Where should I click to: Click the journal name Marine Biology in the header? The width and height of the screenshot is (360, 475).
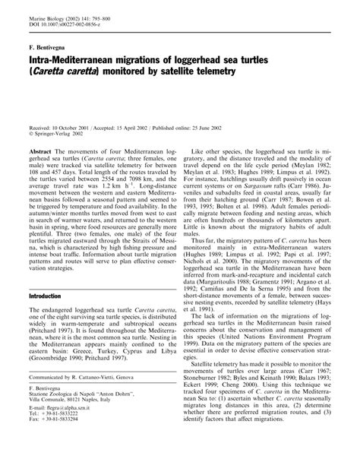tap(44, 8)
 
